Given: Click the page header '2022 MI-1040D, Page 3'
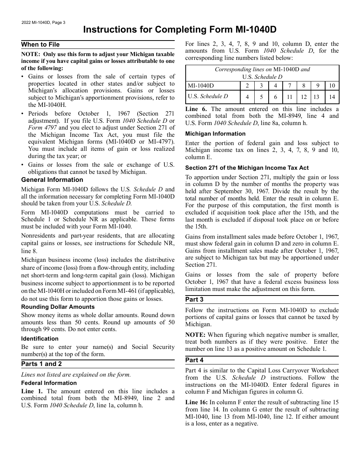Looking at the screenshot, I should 43,22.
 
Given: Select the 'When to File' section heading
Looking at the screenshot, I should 41,45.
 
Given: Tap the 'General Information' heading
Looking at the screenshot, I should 52,180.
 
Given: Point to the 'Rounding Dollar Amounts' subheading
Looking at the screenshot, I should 58,307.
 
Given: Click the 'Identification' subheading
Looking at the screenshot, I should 40,339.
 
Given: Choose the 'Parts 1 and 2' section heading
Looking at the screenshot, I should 41,364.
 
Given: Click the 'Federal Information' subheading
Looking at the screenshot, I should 49,383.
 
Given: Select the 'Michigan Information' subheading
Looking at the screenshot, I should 215,134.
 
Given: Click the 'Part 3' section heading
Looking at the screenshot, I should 194,300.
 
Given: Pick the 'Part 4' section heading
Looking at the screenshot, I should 194,360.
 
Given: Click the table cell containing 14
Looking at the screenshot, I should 332,97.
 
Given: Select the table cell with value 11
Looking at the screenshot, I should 289,97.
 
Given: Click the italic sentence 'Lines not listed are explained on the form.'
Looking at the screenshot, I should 76,375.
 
